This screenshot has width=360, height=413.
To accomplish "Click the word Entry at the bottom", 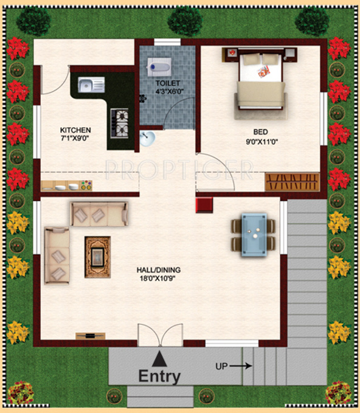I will [159, 376].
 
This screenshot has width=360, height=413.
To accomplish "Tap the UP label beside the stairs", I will [222, 366].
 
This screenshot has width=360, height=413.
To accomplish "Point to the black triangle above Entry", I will [159, 358].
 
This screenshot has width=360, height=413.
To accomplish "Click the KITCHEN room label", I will [75, 130].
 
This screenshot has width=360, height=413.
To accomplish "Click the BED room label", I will [261, 131].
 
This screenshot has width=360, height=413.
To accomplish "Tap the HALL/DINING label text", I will [159, 269].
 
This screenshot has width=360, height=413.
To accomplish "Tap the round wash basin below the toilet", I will [147, 139].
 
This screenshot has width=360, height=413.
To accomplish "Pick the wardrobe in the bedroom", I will [292, 181].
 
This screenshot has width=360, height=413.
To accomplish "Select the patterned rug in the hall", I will [97, 257].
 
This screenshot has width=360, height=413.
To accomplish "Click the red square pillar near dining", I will [203, 205].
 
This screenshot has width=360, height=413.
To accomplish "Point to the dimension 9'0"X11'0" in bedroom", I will [261, 142].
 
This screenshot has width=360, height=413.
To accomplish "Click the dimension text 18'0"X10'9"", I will [159, 280].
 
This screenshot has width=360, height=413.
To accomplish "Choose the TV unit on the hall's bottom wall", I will [90, 335].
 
